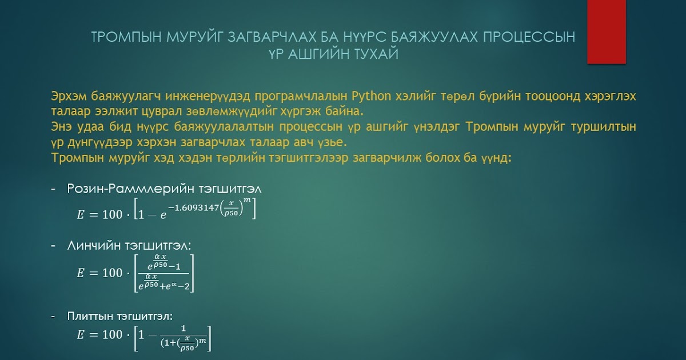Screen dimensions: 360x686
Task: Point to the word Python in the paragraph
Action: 371,95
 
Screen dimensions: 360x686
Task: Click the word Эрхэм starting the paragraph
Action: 68,95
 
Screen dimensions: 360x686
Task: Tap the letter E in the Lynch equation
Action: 80,273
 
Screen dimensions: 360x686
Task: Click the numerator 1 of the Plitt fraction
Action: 183,328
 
